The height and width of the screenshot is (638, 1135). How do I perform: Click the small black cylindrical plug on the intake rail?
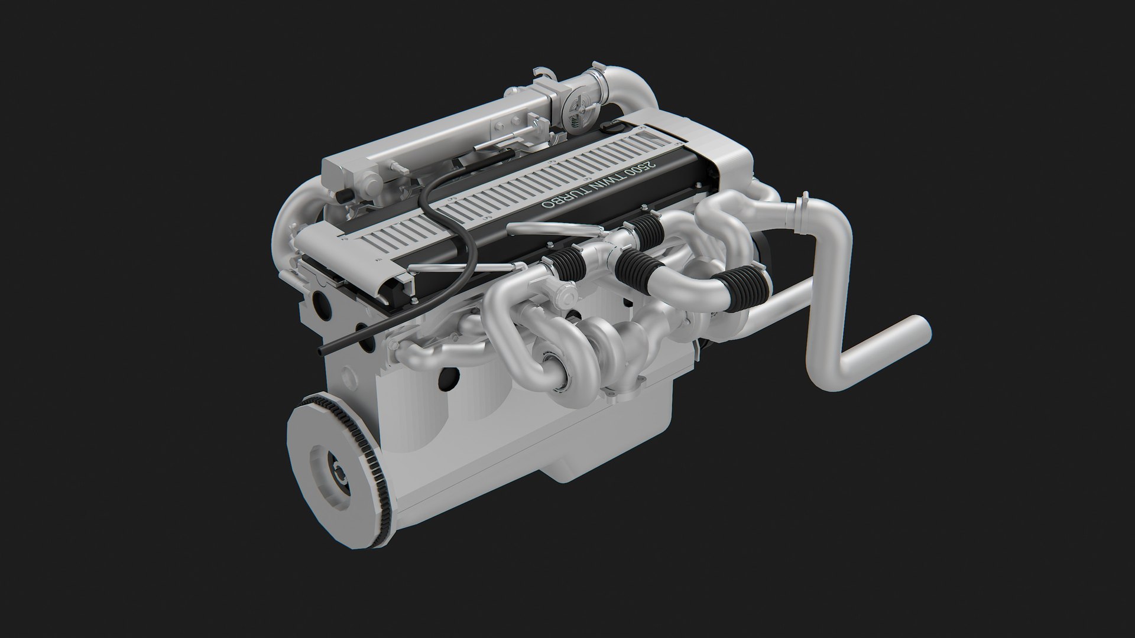click(342, 197)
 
